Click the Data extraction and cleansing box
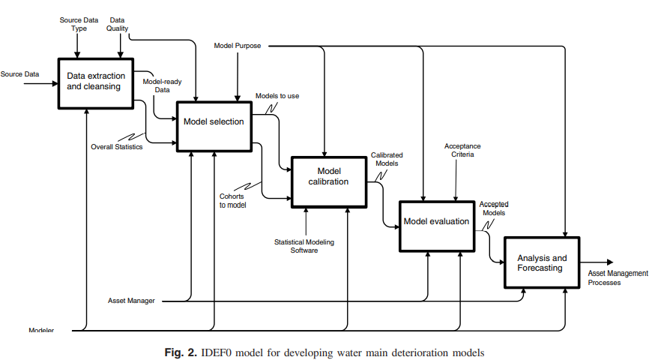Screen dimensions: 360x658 pyautogui.click(x=96, y=82)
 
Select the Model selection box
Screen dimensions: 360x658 pyautogui.click(x=214, y=122)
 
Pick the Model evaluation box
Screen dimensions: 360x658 pyautogui.click(x=436, y=221)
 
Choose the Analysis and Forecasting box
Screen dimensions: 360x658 pyautogui.click(x=541, y=262)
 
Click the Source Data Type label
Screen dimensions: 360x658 pyautogui.click(x=79, y=24)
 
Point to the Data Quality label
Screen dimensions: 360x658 pyautogui.click(x=118, y=24)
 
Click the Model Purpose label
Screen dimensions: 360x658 pyautogui.click(x=238, y=46)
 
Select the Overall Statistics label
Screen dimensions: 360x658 pyautogui.click(x=116, y=146)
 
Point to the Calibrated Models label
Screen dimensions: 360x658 pyautogui.click(x=387, y=159)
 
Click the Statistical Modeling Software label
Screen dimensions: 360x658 pyautogui.click(x=304, y=245)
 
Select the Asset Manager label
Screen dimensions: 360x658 pyautogui.click(x=132, y=301)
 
